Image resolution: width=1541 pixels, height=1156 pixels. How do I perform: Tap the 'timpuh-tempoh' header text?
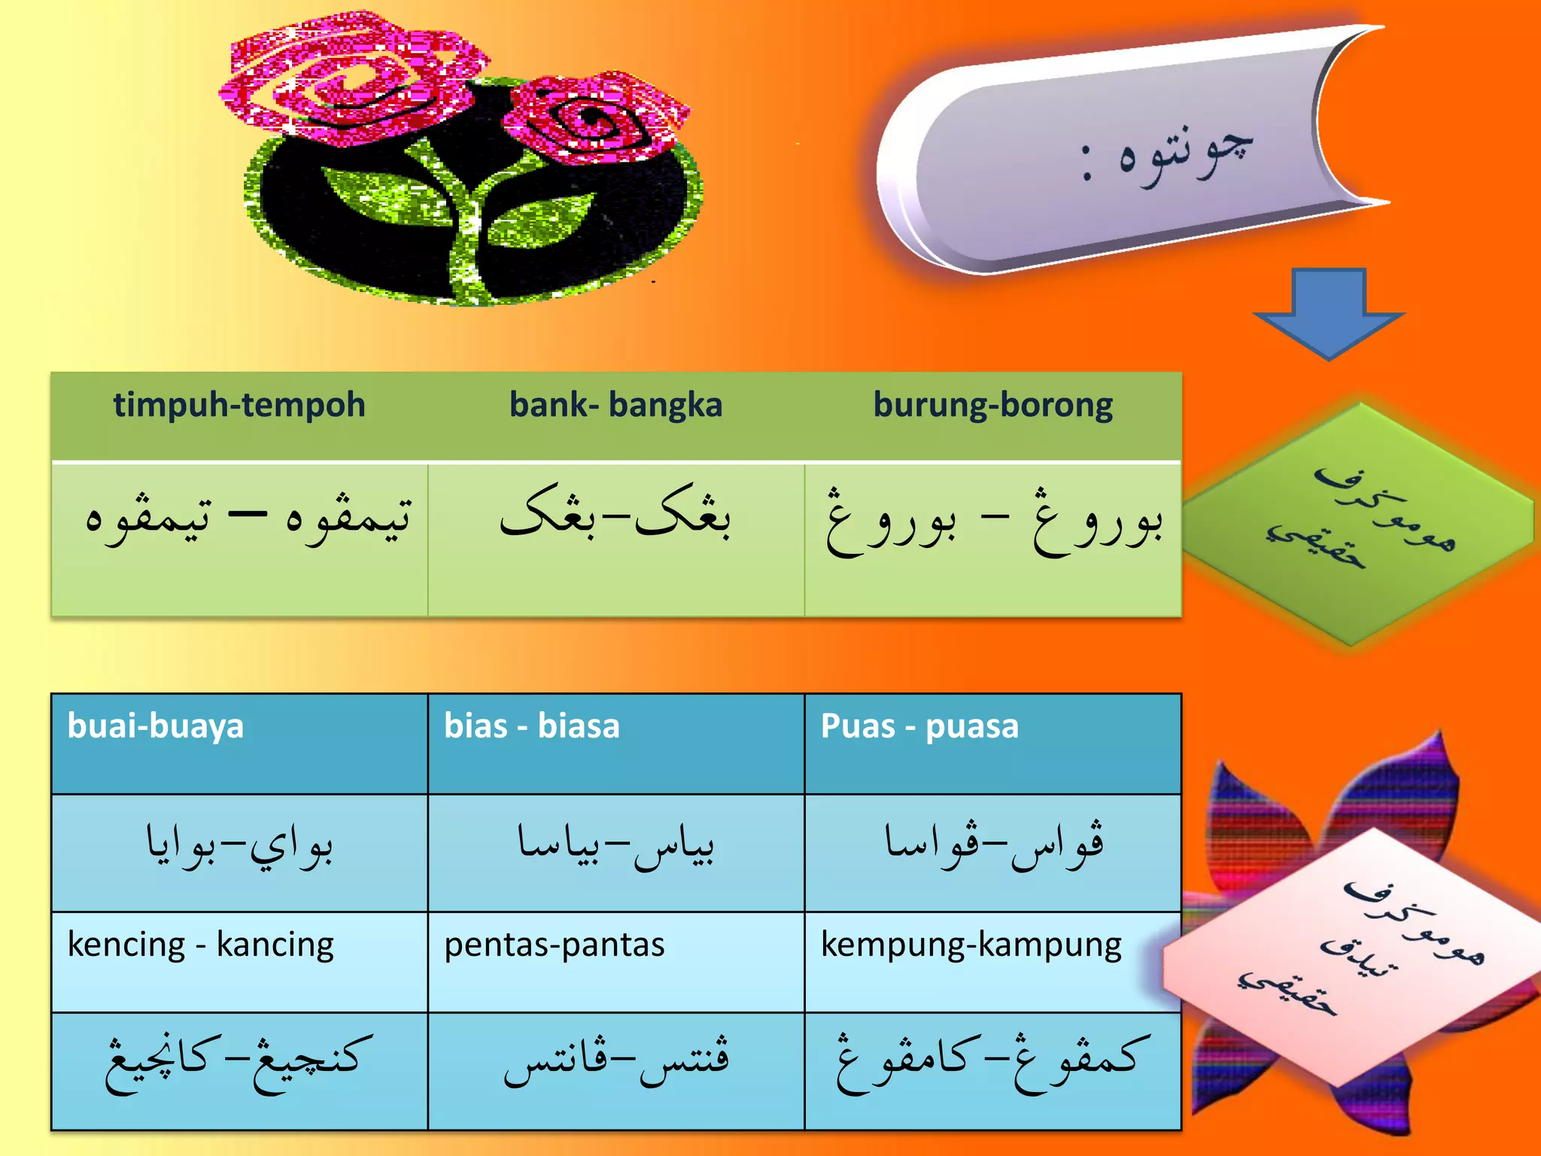pos(239,405)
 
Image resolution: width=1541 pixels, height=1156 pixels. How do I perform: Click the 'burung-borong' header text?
pos(992,405)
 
